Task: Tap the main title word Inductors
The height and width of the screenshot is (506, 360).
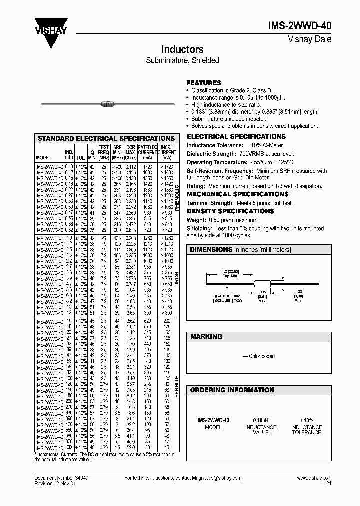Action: pyautogui.click(x=182, y=50)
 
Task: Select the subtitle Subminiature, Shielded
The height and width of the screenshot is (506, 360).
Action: pyautogui.click(x=182, y=60)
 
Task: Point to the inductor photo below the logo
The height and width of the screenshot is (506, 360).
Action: pyautogui.click(x=107, y=104)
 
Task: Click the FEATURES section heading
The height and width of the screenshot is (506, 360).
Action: pyautogui.click(x=203, y=83)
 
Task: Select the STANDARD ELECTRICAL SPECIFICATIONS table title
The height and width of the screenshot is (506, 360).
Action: pyautogui.click(x=106, y=138)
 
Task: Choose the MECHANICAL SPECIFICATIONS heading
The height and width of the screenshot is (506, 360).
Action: pyautogui.click(x=237, y=194)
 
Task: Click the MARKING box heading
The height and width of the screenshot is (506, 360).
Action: pyautogui.click(x=205, y=337)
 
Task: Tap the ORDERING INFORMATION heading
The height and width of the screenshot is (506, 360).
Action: pyautogui.click(x=232, y=390)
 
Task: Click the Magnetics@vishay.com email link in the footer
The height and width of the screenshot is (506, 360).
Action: pyautogui.click(x=217, y=478)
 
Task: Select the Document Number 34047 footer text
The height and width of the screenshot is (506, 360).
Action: pyautogui.click(x=60, y=478)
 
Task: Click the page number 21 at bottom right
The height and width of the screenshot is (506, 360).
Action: pyautogui.click(x=328, y=484)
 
